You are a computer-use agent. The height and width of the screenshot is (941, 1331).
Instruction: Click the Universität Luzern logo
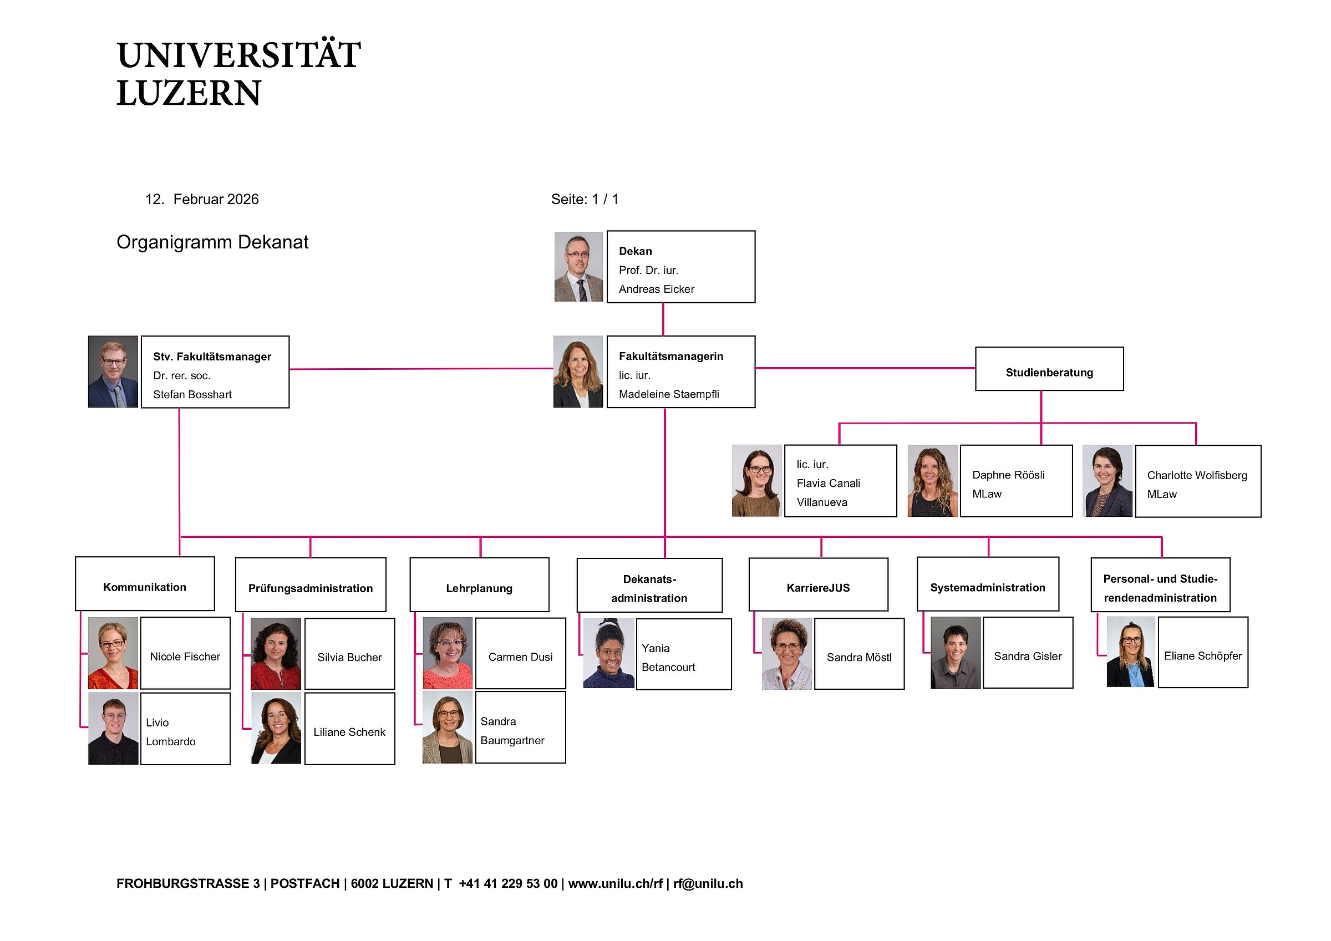(238, 73)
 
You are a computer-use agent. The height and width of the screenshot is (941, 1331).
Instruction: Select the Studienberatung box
(1049, 369)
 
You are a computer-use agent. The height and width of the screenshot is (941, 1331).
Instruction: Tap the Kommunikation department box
(145, 584)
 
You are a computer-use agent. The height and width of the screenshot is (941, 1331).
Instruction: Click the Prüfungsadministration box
(311, 585)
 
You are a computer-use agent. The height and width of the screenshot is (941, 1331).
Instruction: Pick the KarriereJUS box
(818, 584)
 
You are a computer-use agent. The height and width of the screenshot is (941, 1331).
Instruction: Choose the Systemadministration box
(987, 584)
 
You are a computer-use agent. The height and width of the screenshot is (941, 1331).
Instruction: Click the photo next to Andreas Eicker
(578, 267)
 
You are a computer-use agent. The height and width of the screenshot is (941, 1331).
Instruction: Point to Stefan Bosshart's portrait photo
(113, 372)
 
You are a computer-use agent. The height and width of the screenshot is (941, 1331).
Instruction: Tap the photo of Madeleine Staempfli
(578, 372)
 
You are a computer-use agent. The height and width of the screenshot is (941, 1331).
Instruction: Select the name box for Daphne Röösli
(1015, 481)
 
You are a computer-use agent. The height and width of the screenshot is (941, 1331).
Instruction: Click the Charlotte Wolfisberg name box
(1198, 481)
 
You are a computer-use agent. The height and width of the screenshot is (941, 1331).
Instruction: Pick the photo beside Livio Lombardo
(113, 729)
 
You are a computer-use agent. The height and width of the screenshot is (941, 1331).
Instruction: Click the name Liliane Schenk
(349, 733)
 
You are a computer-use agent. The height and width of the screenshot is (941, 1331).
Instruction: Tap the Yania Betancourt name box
(683, 654)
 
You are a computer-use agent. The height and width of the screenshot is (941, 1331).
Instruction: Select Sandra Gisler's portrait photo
(956, 653)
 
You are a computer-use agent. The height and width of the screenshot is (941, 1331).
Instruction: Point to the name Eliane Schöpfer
(1203, 656)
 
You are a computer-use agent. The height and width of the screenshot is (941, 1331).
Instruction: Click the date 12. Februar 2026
(202, 200)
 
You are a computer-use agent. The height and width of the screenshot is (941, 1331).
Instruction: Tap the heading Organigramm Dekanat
(212, 242)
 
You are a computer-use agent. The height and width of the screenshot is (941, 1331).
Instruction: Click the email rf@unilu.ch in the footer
(708, 883)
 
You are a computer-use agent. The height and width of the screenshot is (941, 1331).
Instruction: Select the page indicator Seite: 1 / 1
(585, 200)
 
